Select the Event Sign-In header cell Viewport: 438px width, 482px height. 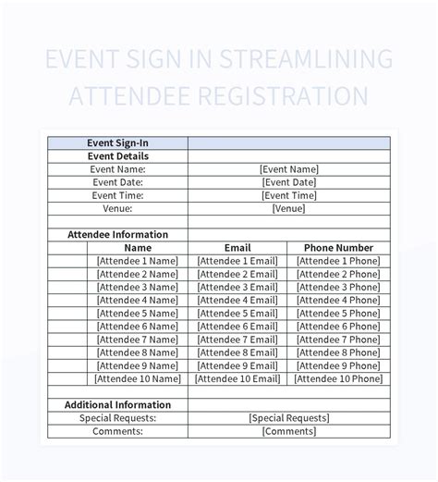[117, 143]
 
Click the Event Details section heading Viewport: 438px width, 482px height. [117, 156]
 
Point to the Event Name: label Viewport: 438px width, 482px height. [117, 169]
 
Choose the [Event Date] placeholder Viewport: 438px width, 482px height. [289, 182]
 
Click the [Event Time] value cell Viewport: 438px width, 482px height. [289, 195]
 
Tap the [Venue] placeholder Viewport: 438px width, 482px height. [289, 208]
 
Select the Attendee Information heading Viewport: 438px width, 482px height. [117, 235]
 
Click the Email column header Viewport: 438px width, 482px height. [237, 248]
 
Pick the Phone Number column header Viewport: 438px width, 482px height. [338, 248]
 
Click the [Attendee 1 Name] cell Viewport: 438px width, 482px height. [138, 261]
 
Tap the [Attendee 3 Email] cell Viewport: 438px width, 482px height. [237, 287]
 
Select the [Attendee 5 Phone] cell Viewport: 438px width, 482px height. [338, 313]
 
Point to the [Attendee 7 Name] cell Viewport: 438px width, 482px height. [138, 340]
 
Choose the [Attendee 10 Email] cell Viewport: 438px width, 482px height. [237, 378]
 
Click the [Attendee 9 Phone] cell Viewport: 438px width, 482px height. [338, 365]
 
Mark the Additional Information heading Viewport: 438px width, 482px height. [117, 404]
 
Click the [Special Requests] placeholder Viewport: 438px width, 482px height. [289, 418]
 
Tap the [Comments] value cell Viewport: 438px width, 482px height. [289, 431]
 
